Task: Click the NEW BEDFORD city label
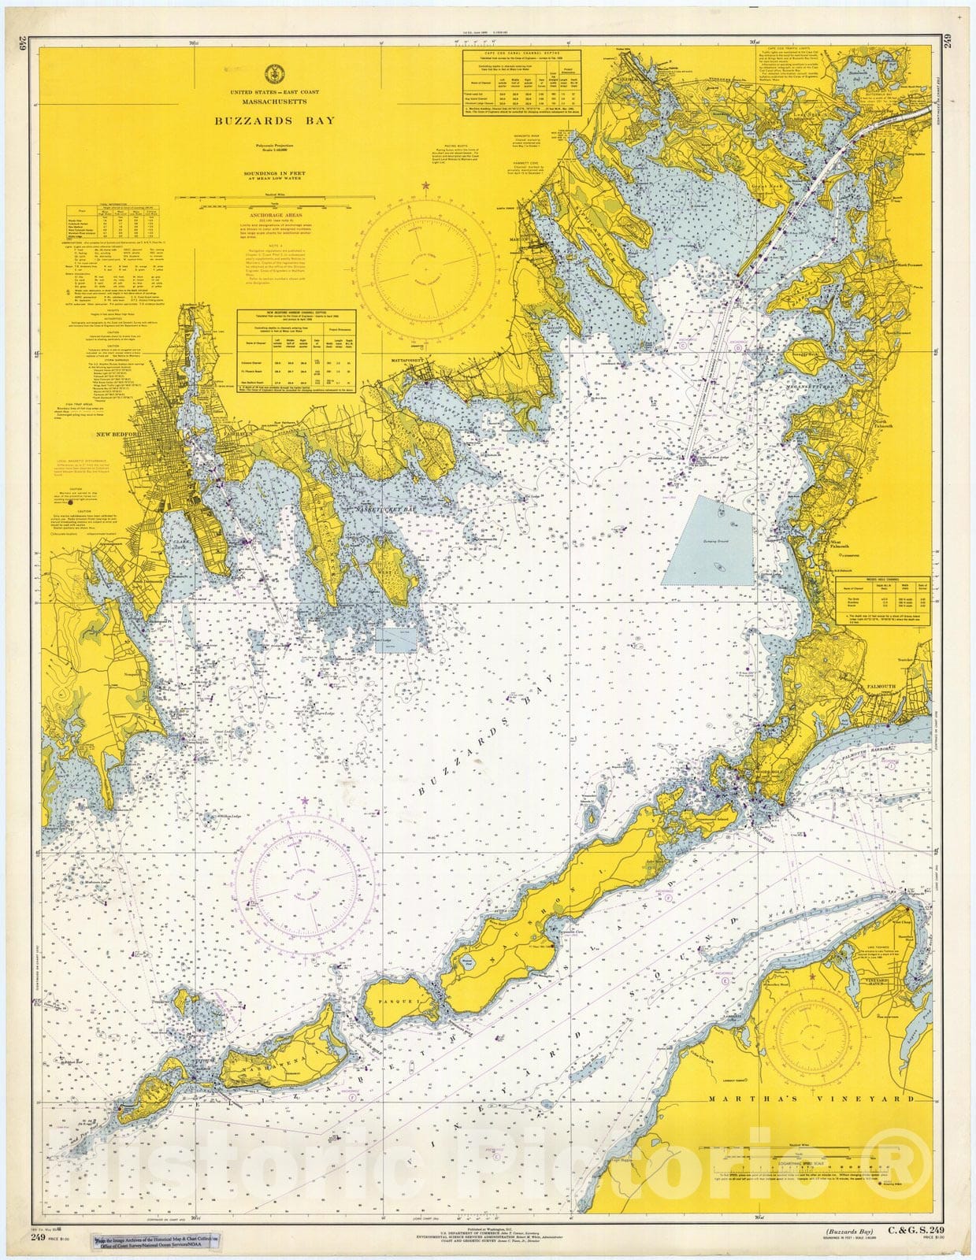[x=141, y=434]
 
